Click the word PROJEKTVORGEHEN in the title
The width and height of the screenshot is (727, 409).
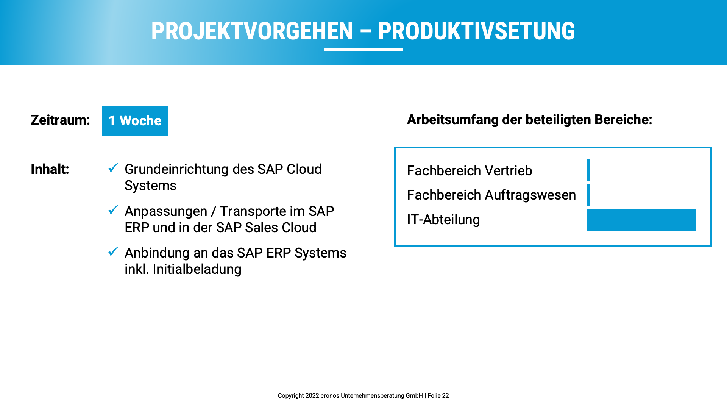pos(252,31)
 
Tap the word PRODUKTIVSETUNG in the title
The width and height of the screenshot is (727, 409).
pos(476,31)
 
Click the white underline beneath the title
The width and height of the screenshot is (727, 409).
pos(363,49)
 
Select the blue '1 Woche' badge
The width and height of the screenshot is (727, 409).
pos(135,120)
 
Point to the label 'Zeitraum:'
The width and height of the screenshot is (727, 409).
pos(60,120)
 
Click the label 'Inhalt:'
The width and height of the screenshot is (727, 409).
pos(50,169)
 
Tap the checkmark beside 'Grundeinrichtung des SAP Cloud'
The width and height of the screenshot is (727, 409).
pos(113,168)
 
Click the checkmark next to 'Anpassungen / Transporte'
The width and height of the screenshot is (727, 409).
pos(113,210)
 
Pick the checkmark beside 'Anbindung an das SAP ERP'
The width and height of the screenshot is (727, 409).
pos(113,251)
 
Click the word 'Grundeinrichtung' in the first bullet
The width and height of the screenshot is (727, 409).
pos(176,169)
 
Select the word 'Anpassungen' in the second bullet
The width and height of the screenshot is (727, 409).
pos(166,211)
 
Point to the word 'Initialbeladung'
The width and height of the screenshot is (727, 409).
pos(197,269)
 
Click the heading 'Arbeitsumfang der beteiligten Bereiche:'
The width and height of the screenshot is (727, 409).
pos(529,120)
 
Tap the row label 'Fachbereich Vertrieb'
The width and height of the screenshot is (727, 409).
pos(470,171)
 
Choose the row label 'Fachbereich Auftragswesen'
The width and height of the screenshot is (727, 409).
pos(491,195)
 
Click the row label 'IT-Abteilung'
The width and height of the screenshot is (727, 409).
pos(443,220)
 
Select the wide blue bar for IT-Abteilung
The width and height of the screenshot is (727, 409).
pos(641,220)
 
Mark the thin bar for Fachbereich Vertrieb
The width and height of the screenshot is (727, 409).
pos(588,170)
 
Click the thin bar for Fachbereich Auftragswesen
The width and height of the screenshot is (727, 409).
pos(588,195)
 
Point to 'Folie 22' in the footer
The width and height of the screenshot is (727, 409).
pos(438,396)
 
